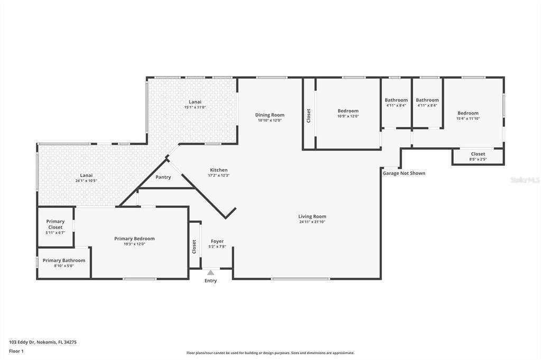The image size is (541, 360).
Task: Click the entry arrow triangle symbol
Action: click(210, 272)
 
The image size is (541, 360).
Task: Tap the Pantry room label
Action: click(163, 177)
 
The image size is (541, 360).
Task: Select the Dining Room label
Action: click(269, 115)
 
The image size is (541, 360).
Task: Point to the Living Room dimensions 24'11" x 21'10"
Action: click(312, 222)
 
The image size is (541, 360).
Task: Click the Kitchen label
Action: click(218, 170)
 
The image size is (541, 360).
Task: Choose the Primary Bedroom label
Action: click(134, 239)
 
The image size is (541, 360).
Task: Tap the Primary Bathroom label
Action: click(64, 260)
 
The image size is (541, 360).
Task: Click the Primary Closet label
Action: click(55, 224)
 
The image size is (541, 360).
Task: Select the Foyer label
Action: click(217, 241)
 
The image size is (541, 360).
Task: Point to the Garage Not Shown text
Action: click(404, 173)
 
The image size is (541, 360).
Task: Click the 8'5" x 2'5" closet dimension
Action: click(478, 159)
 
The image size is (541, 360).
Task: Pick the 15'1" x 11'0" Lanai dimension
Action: click(195, 107)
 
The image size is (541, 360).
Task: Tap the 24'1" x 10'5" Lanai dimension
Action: click(86, 181)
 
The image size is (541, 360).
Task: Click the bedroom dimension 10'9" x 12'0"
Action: click(348, 116)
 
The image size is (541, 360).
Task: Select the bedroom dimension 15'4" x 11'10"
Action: click(468, 118)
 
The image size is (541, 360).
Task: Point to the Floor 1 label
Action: click(17, 350)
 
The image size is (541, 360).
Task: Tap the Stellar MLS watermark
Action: click(524, 180)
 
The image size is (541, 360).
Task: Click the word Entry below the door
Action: click(210, 281)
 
